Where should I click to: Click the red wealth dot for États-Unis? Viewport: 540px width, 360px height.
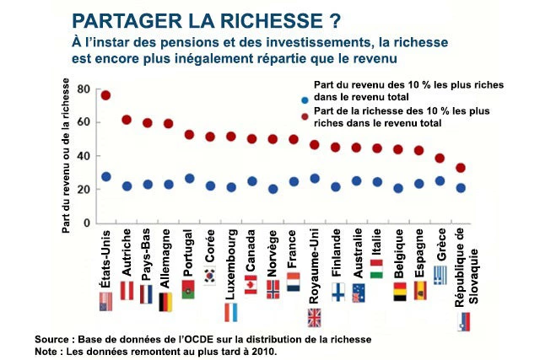tap(106, 95)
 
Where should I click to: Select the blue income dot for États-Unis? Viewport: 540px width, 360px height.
tap(106, 177)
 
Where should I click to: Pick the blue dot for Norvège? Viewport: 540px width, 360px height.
tap(273, 189)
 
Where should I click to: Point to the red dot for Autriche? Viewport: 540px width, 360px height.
tap(127, 120)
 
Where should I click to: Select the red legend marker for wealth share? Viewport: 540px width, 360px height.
tap(304, 117)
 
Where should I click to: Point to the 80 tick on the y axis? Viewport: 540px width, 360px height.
tap(83, 89)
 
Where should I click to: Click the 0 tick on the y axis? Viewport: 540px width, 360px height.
tap(86, 223)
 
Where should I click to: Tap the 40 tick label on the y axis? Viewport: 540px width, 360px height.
tap(83, 156)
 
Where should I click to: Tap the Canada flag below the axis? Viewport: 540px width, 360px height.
tap(251, 285)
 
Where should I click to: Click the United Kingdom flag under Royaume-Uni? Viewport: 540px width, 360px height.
tap(315, 317)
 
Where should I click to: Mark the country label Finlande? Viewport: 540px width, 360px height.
tap(336, 255)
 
